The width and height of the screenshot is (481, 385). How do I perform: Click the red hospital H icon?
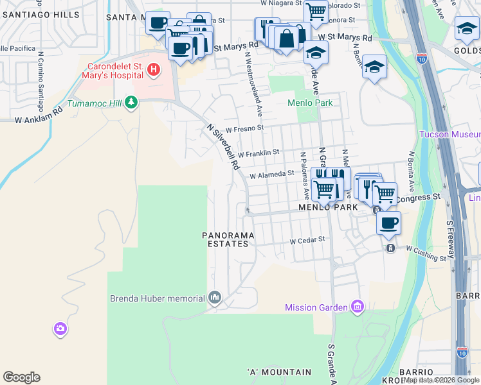(x=154, y=69)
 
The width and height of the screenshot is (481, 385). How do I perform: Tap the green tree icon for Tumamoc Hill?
(x=132, y=103)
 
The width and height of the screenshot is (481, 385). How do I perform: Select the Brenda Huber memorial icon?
(x=215, y=298)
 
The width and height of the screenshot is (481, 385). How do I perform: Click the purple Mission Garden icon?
(x=358, y=307)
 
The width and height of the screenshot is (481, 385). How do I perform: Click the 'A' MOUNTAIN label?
(x=279, y=372)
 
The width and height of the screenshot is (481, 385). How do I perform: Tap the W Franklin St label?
(x=258, y=153)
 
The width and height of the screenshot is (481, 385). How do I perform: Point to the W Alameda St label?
(x=271, y=173)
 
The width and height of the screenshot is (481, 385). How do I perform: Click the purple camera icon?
(x=60, y=329)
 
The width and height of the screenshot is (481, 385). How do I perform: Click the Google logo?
(x=21, y=377)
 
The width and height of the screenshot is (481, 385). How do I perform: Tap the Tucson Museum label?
(x=449, y=134)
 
